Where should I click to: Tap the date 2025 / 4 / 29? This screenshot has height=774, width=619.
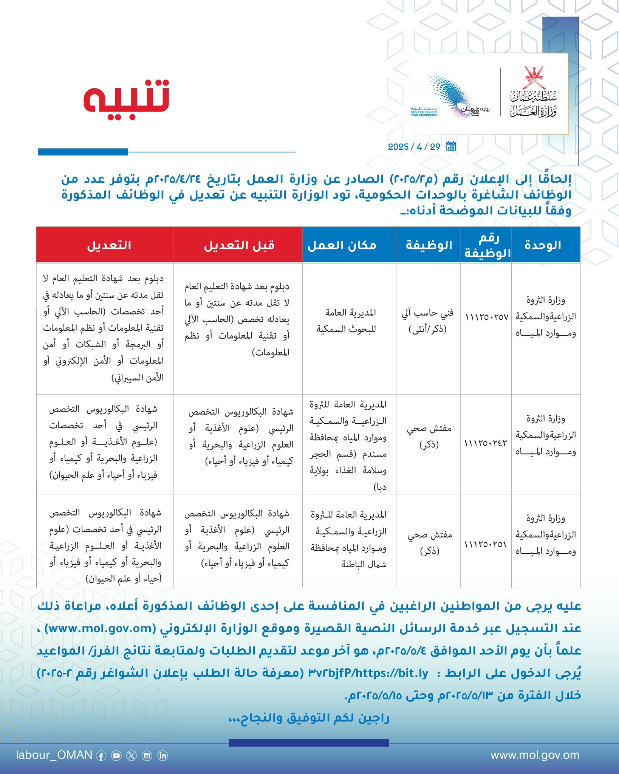coord(414,147)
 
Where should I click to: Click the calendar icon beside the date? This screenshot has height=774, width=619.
coord(451,146)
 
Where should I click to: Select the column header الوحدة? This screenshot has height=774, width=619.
coord(543,245)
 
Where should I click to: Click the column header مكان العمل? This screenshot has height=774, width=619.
coord(342,245)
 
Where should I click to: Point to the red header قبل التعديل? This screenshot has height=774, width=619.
coord(239,245)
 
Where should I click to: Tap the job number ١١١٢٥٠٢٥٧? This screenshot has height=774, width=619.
coord(487,317)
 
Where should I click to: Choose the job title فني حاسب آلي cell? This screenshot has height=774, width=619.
coord(428,321)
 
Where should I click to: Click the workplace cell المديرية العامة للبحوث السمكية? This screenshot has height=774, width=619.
coord(346,321)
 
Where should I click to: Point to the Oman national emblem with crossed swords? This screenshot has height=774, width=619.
coord(534,78)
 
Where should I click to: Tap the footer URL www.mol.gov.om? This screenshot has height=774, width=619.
coord(535,755)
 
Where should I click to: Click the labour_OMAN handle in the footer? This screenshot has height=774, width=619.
coord(54,755)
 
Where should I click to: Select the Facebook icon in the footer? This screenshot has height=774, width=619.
coord(101,755)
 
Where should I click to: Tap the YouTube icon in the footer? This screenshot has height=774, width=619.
coord(116,755)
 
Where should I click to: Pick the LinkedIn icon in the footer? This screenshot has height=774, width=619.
coord(162,755)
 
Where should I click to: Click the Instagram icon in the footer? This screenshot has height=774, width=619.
coord(147,755)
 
